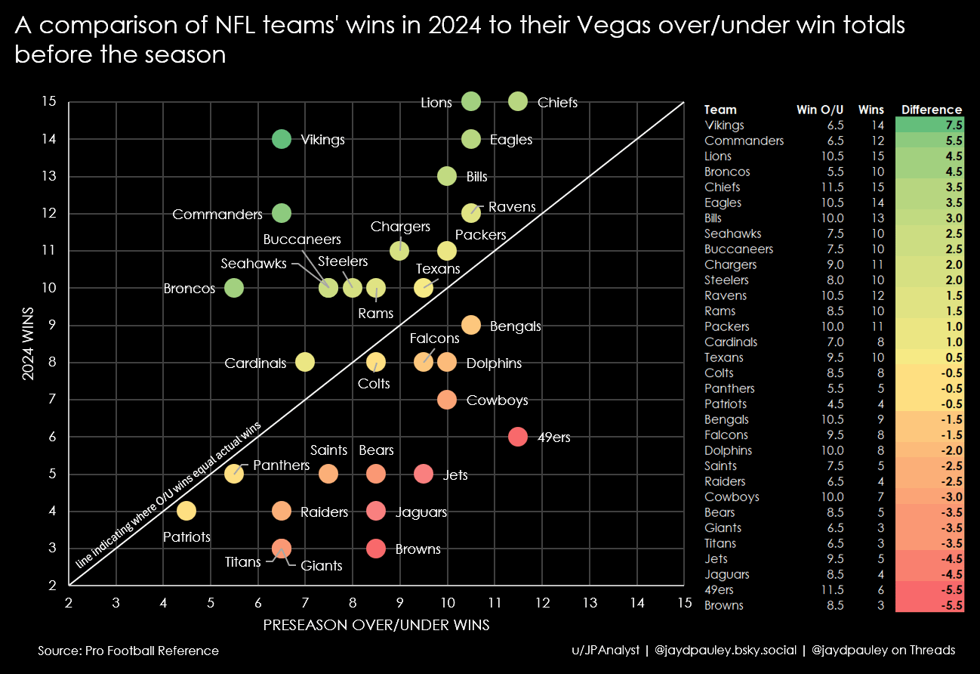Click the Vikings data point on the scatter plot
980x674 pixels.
[281, 139]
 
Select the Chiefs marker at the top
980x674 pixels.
[518, 101]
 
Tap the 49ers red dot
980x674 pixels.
[518, 437]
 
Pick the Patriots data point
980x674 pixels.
[186, 511]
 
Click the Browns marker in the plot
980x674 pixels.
[376, 549]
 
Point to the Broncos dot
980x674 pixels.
[234, 288]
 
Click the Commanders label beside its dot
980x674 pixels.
[217, 215]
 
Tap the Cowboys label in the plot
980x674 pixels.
[497, 400]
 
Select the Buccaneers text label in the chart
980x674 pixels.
[302, 240]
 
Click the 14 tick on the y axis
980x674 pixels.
[49, 139]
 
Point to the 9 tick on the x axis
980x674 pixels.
[400, 603]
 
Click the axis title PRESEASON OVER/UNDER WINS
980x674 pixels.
[376, 626]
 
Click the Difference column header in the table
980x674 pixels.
[932, 110]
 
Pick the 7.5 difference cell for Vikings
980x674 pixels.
[953, 125]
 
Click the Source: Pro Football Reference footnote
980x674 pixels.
[128, 651]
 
